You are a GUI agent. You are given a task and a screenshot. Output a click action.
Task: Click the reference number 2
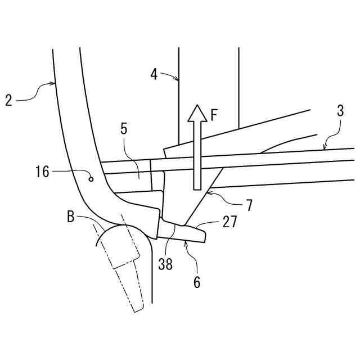8,101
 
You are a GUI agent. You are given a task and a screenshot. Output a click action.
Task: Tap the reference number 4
154,74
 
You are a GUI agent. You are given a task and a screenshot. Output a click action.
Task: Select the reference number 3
340,111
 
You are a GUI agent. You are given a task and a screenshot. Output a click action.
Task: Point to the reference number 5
123,128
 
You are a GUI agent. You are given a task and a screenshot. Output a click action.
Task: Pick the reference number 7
248,205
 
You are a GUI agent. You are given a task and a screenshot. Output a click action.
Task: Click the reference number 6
196,281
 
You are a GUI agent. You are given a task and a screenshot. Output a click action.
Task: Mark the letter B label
70,217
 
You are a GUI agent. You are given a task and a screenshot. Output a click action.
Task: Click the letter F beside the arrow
214,115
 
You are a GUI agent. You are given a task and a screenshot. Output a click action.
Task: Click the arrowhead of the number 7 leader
206,192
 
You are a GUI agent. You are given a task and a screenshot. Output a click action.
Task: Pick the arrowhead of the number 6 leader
184,241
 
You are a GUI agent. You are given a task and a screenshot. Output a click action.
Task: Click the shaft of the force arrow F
197,157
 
